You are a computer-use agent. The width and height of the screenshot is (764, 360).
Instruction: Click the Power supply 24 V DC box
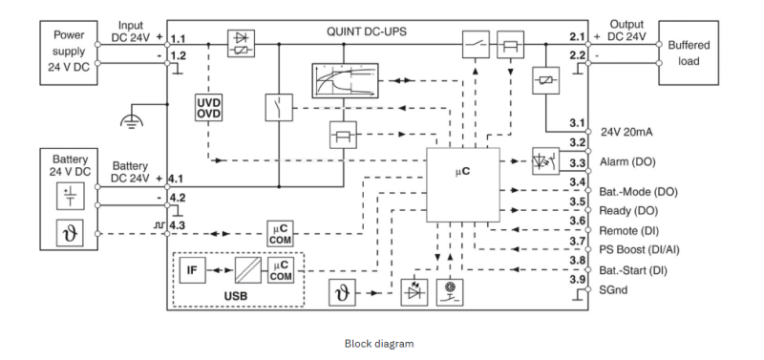click(69, 53)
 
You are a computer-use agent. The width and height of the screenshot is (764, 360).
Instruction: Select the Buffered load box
click(689, 53)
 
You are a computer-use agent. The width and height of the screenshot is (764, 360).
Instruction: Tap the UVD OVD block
click(208, 108)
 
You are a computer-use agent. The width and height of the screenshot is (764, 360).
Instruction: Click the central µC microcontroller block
click(463, 184)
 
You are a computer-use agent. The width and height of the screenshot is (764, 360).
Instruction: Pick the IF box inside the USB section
click(193, 269)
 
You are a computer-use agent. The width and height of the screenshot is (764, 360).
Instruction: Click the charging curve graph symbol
click(345, 80)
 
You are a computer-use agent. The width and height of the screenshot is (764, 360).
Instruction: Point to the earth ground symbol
click(132, 119)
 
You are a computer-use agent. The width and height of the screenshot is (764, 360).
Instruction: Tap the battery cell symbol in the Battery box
click(70, 196)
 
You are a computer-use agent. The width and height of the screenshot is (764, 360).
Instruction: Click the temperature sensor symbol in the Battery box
click(70, 233)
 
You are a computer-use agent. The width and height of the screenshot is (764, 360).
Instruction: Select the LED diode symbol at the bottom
click(414, 292)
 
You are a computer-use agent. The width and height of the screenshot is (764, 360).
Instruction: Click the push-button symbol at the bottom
click(450, 292)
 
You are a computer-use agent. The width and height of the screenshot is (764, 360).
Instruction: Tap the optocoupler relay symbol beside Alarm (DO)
click(545, 161)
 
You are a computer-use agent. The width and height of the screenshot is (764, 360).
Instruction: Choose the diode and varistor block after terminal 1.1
click(242, 44)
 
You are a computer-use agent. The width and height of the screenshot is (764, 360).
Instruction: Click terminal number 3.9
click(578, 280)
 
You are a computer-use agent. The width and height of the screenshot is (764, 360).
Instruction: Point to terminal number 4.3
click(177, 224)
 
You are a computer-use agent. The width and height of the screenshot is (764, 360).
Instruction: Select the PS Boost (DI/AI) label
click(639, 250)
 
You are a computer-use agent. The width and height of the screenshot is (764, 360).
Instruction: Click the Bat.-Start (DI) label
click(633, 270)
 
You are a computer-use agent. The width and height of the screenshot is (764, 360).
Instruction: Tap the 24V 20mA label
click(626, 132)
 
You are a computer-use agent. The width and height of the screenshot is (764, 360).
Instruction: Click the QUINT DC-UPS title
click(367, 32)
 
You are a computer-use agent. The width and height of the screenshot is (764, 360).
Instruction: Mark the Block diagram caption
click(379, 344)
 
